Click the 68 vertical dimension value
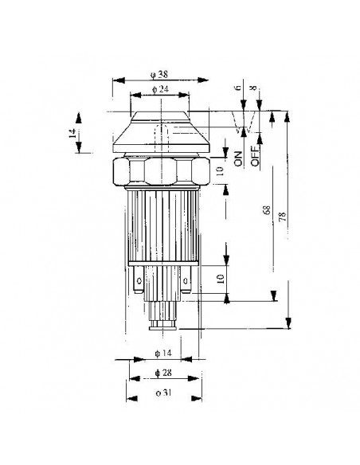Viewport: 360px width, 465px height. coord(264,211)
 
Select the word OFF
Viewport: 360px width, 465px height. coord(255,154)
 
